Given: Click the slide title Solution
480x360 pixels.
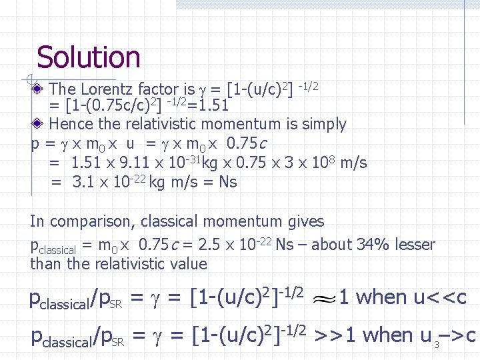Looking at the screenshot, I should coord(88,57).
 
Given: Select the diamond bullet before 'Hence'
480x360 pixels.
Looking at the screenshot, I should coord(39,124).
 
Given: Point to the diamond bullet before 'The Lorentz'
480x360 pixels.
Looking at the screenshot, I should coord(39,89).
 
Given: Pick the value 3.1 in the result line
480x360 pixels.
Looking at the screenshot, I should coord(83,182).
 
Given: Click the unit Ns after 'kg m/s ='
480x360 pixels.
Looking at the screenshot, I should coord(228,182).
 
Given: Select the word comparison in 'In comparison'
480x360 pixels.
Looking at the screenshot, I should coord(91,221).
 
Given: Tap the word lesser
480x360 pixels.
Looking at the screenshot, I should coord(415,245).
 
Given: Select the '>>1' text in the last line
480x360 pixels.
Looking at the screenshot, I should coord(331,335).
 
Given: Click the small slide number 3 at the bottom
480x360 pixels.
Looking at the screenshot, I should coord(437,345).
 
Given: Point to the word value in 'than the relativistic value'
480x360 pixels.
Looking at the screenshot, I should coord(189,264).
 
